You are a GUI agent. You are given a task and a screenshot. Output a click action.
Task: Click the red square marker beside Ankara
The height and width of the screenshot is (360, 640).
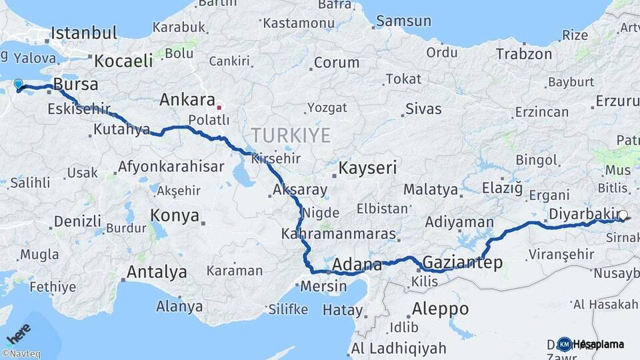tap(219, 106)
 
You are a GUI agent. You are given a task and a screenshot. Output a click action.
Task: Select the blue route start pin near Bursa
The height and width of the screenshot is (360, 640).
tap(19, 85)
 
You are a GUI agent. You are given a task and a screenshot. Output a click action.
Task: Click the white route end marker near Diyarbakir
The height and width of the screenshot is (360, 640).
tap(623, 215)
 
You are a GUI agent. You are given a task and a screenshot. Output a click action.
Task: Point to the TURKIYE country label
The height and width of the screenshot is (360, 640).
tap(291, 136)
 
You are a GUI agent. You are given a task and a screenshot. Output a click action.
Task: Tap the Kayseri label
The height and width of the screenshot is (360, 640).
tap(367, 167)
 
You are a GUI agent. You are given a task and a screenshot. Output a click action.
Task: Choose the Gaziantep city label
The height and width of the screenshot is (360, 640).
tap(463, 262)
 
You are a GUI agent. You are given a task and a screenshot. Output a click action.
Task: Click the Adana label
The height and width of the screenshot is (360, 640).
tap(357, 264)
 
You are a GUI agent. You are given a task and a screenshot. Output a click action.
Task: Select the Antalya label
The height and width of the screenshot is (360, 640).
tap(157, 272)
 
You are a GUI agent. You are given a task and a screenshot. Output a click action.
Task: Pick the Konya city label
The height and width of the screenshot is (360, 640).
tap(175, 215)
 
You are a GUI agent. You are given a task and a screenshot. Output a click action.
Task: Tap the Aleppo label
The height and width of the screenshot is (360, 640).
tap(440, 309)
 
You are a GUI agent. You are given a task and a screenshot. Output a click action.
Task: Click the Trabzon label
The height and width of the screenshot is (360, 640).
tap(524, 54)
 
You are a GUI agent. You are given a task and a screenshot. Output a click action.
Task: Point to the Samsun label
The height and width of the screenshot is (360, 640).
tap(403, 21)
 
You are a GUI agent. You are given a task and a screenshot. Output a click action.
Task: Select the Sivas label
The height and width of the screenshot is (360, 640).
tap(423, 109)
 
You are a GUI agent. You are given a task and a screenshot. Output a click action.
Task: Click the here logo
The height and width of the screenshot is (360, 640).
tap(18, 333)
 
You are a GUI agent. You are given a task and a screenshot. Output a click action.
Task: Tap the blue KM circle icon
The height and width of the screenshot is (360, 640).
tap(564, 344)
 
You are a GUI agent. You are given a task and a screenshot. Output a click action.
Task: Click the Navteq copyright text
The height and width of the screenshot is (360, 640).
tap(21, 354)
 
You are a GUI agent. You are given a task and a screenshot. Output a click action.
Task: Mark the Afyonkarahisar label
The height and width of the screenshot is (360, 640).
tap(171, 167)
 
